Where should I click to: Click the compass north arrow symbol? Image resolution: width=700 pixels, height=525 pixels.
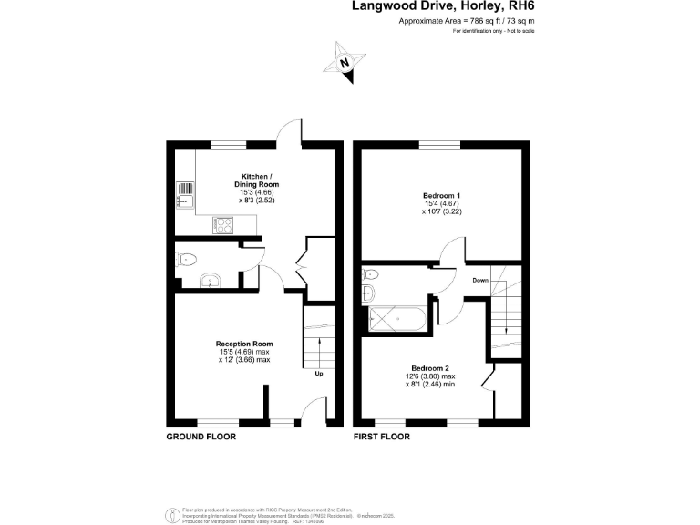pos(345,64)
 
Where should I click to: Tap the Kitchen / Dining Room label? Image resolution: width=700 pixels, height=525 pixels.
pos(254,180)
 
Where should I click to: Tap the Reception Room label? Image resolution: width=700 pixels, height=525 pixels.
pos(244,344)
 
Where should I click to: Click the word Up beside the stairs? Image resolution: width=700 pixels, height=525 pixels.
pos(318,374)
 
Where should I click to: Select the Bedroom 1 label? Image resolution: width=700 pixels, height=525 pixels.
pos(441,196)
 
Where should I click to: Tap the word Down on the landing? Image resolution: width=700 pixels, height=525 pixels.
pos(480,281)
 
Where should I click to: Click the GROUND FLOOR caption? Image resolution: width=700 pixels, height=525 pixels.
pos(201,437)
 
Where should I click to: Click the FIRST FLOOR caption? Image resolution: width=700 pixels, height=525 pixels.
pos(382,437)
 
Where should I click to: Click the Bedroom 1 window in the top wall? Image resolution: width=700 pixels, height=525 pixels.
pos(440,144)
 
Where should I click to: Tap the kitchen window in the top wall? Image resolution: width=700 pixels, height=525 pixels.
pos(230,144)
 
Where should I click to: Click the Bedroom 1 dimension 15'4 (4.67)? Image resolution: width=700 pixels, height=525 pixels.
pos(441,205)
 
